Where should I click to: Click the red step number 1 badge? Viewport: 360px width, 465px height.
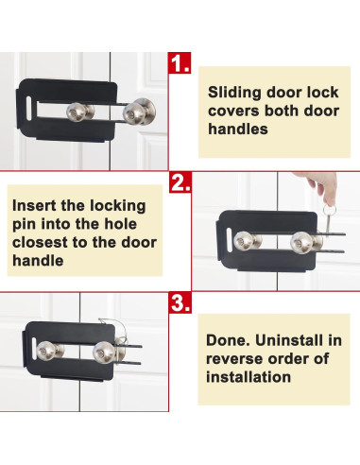pyautogui.click(x=180, y=65)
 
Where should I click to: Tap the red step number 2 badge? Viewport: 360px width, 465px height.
pyautogui.click(x=180, y=181)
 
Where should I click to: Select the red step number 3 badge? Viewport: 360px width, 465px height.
pyautogui.click(x=180, y=305)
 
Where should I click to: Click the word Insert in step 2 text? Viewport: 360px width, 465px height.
pyautogui.click(x=37, y=205)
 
